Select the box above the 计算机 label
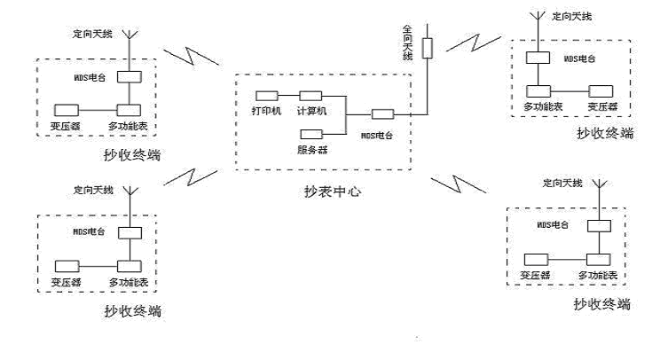(x=310, y=96)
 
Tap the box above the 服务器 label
(x=311, y=134)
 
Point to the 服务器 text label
(x=312, y=149)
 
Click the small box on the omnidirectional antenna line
(x=428, y=47)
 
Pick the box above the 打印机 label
(x=266, y=96)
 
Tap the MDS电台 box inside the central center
(x=382, y=113)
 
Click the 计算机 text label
(x=312, y=110)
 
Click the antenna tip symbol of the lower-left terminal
(x=130, y=191)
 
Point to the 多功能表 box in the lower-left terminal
(x=130, y=265)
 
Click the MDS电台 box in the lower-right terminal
(x=599, y=226)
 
